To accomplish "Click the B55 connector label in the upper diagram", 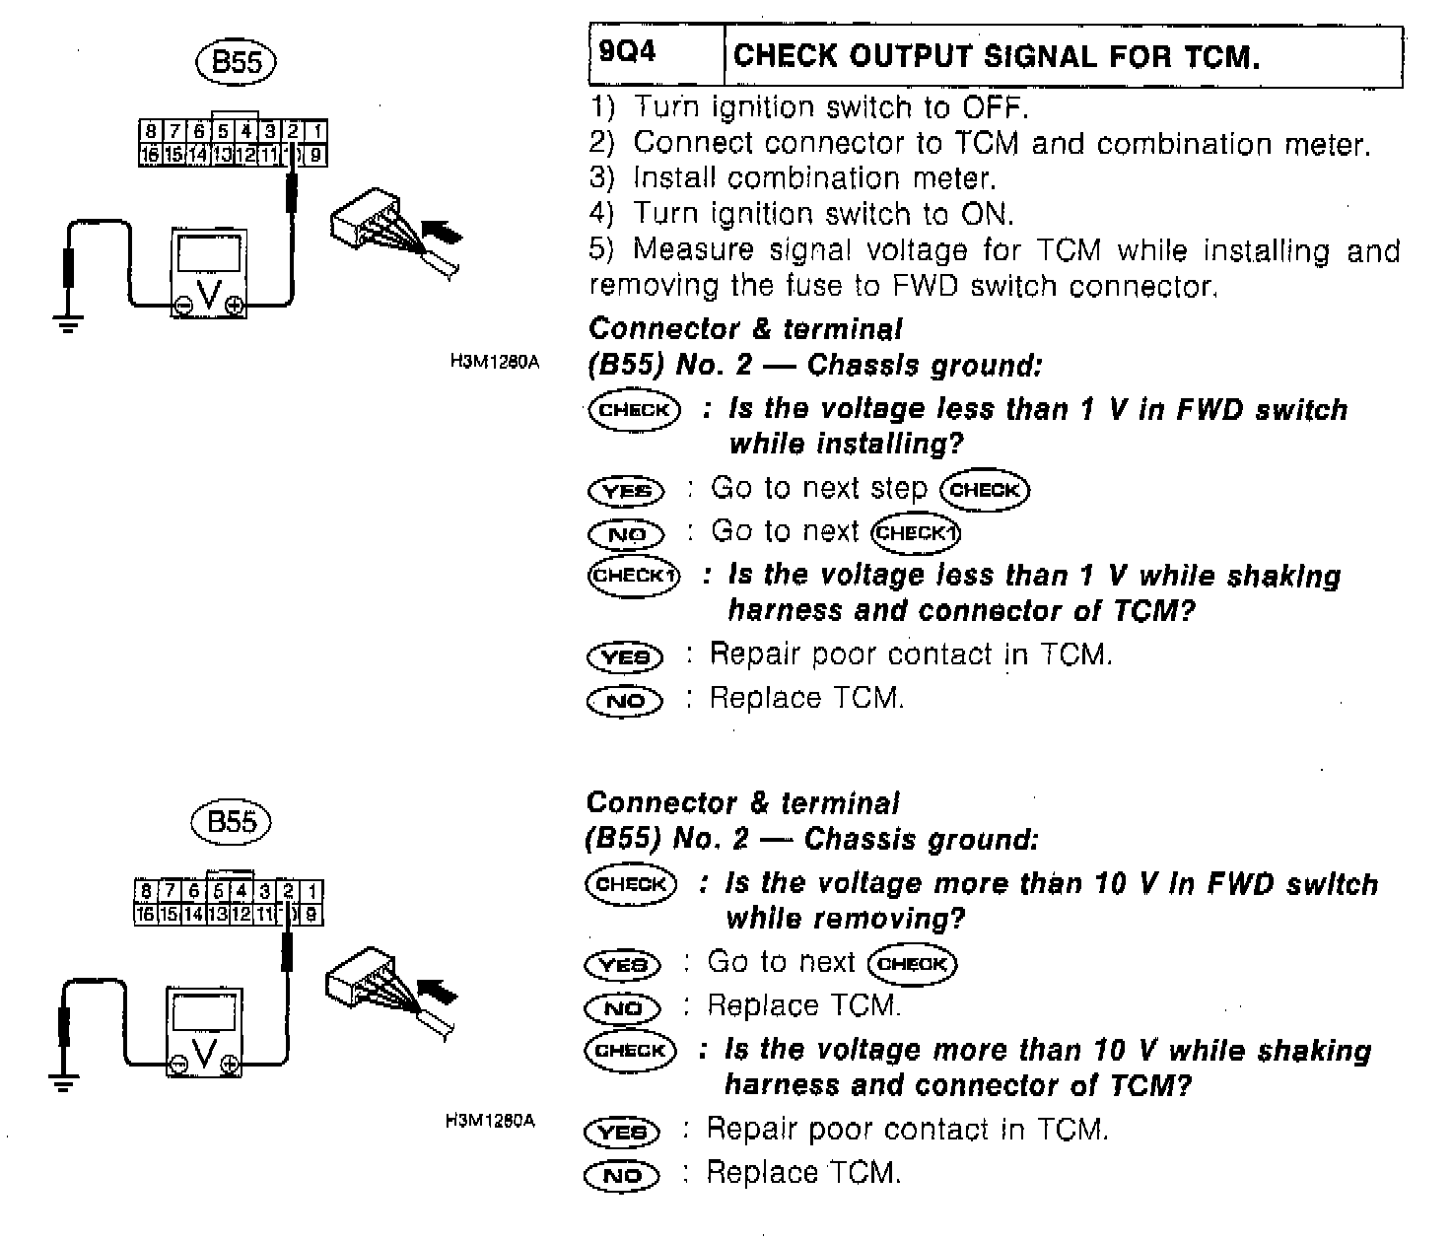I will (x=237, y=62).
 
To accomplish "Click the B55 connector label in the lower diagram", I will (x=233, y=822).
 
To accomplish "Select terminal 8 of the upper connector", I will (x=150, y=131).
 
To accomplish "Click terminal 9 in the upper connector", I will (x=314, y=155).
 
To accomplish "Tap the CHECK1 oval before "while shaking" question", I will (x=634, y=575).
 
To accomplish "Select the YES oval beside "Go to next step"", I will (x=626, y=490).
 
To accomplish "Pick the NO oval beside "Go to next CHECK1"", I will (x=626, y=534).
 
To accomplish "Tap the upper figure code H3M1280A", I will (x=495, y=362).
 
